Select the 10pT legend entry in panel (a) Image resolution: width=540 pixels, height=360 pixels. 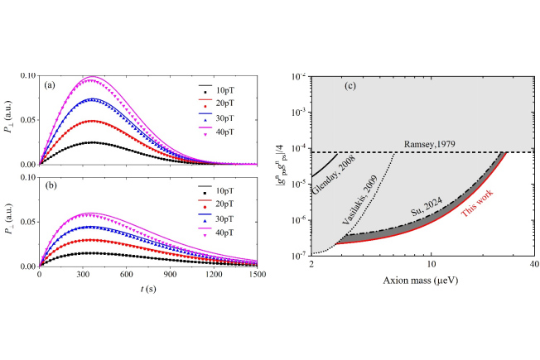[x=224, y=89]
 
